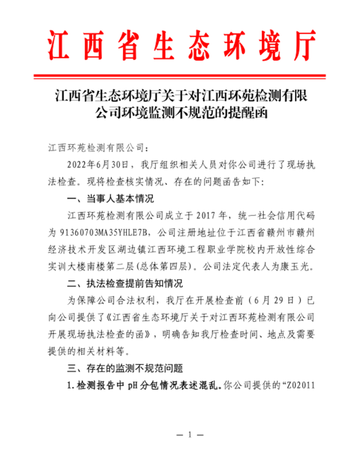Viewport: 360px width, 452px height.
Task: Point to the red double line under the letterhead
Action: (179, 76)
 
